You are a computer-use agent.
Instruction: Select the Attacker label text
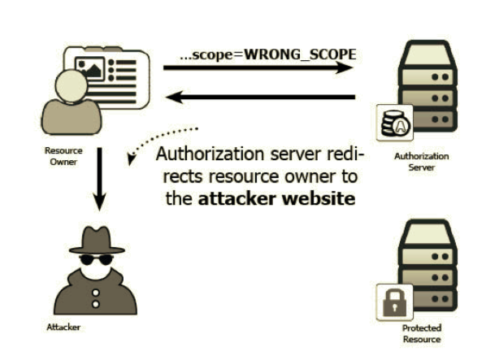[x=63, y=327]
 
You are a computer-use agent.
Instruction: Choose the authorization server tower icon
[x=428, y=85]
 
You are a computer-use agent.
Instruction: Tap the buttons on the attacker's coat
[x=96, y=296]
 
